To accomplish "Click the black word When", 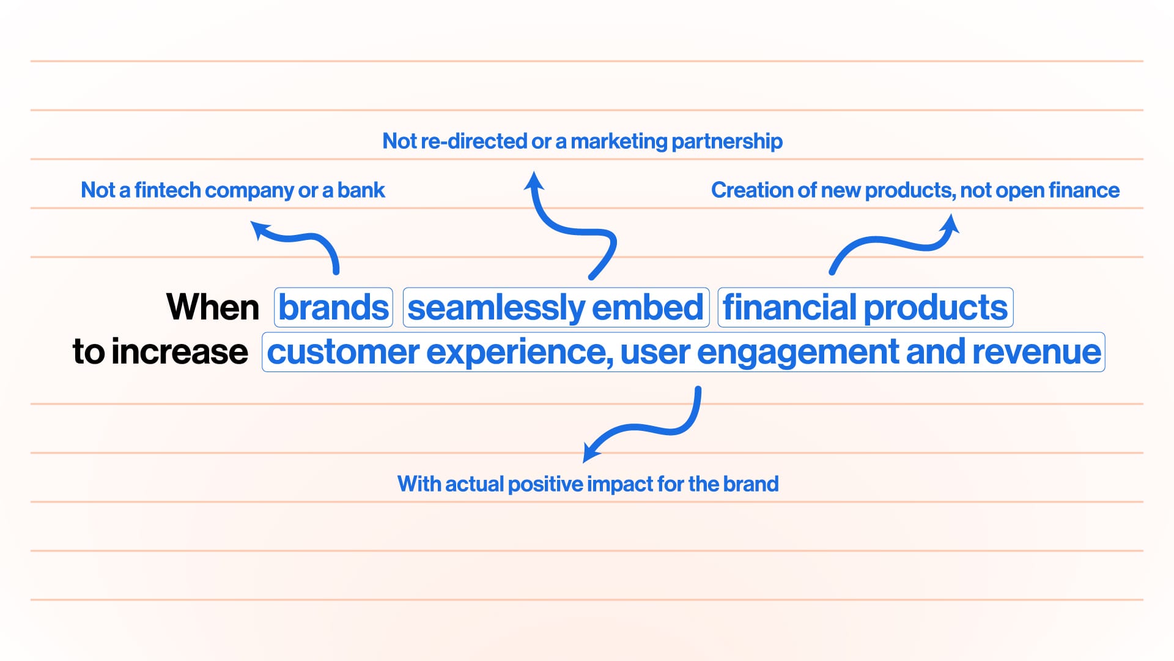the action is [213, 307].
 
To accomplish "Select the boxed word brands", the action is [334, 307].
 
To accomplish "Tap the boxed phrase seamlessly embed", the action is [555, 307].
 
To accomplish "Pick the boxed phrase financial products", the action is [865, 307].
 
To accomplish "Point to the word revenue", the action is [1036, 352].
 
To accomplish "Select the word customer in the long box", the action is [342, 353].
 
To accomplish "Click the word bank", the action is [361, 190].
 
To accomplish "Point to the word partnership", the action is [727, 142].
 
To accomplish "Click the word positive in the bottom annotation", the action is [545, 485].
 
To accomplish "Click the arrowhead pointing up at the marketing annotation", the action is [534, 182].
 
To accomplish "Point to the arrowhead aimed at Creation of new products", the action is [950, 224].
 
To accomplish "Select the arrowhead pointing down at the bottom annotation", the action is [591, 452].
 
